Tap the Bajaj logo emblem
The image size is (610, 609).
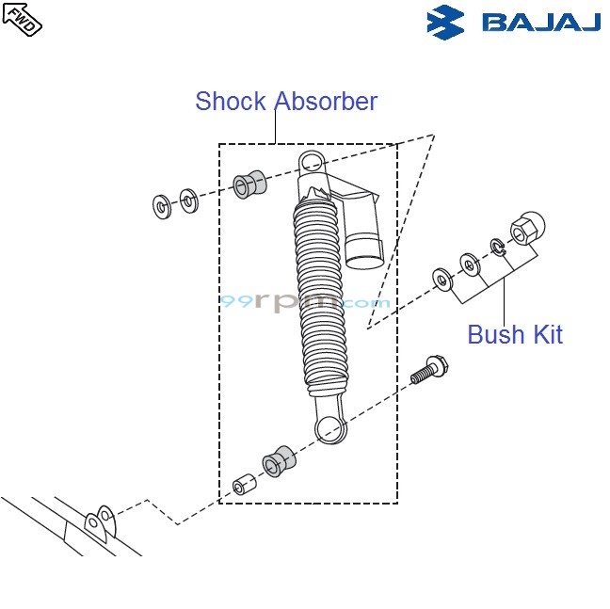pyautogui.click(x=446, y=22)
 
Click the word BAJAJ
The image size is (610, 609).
pyautogui.click(x=540, y=22)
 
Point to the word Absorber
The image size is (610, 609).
pyautogui.click(x=326, y=102)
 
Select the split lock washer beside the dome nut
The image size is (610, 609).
pyautogui.click(x=497, y=248)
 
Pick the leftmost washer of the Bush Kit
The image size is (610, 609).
pyautogui.click(x=441, y=279)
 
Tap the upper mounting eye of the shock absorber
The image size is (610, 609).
pyautogui.click(x=312, y=162)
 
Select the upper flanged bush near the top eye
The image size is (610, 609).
pyautogui.click(x=248, y=184)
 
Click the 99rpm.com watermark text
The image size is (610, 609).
pyautogui.click(x=304, y=303)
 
